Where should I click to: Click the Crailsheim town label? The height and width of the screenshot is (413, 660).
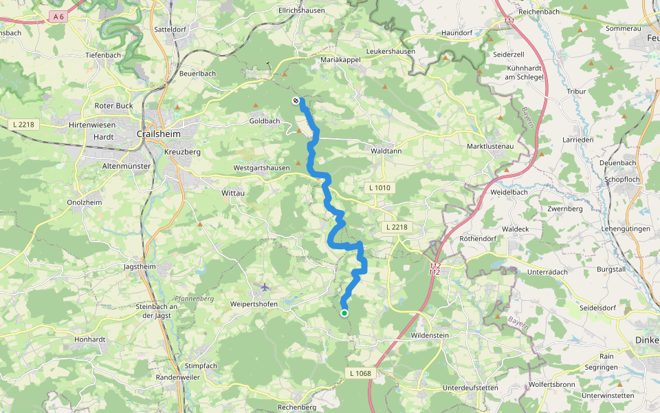(x=159, y=134)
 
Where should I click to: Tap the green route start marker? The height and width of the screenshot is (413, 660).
(x=344, y=313)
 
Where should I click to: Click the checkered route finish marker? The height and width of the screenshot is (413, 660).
(x=296, y=101)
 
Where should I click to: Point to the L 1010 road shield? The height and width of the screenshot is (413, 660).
(x=379, y=187)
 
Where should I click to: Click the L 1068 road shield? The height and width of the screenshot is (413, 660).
(x=360, y=373)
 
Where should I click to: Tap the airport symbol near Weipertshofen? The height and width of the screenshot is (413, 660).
(x=265, y=286)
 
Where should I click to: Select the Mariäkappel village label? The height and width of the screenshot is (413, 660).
(x=341, y=61)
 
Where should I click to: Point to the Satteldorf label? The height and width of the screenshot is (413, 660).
(x=171, y=30)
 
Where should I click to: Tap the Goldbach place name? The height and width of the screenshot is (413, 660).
(x=265, y=121)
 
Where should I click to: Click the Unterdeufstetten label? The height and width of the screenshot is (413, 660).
(x=470, y=388)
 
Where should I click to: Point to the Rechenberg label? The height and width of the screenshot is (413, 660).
(x=296, y=407)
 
